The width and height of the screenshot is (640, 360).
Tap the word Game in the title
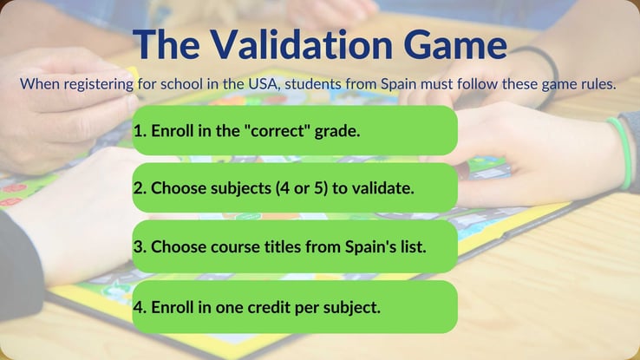tap(455, 44)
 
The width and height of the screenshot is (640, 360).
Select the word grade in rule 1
tap(337, 131)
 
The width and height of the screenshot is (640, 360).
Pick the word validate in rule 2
tap(382, 188)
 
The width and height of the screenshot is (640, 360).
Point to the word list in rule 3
tap(413, 247)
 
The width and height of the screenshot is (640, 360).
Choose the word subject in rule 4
tap(351, 308)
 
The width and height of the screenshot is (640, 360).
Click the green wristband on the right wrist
tap(620, 154)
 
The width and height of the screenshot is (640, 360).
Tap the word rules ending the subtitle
tap(598, 84)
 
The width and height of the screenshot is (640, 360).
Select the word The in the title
tap(167, 44)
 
